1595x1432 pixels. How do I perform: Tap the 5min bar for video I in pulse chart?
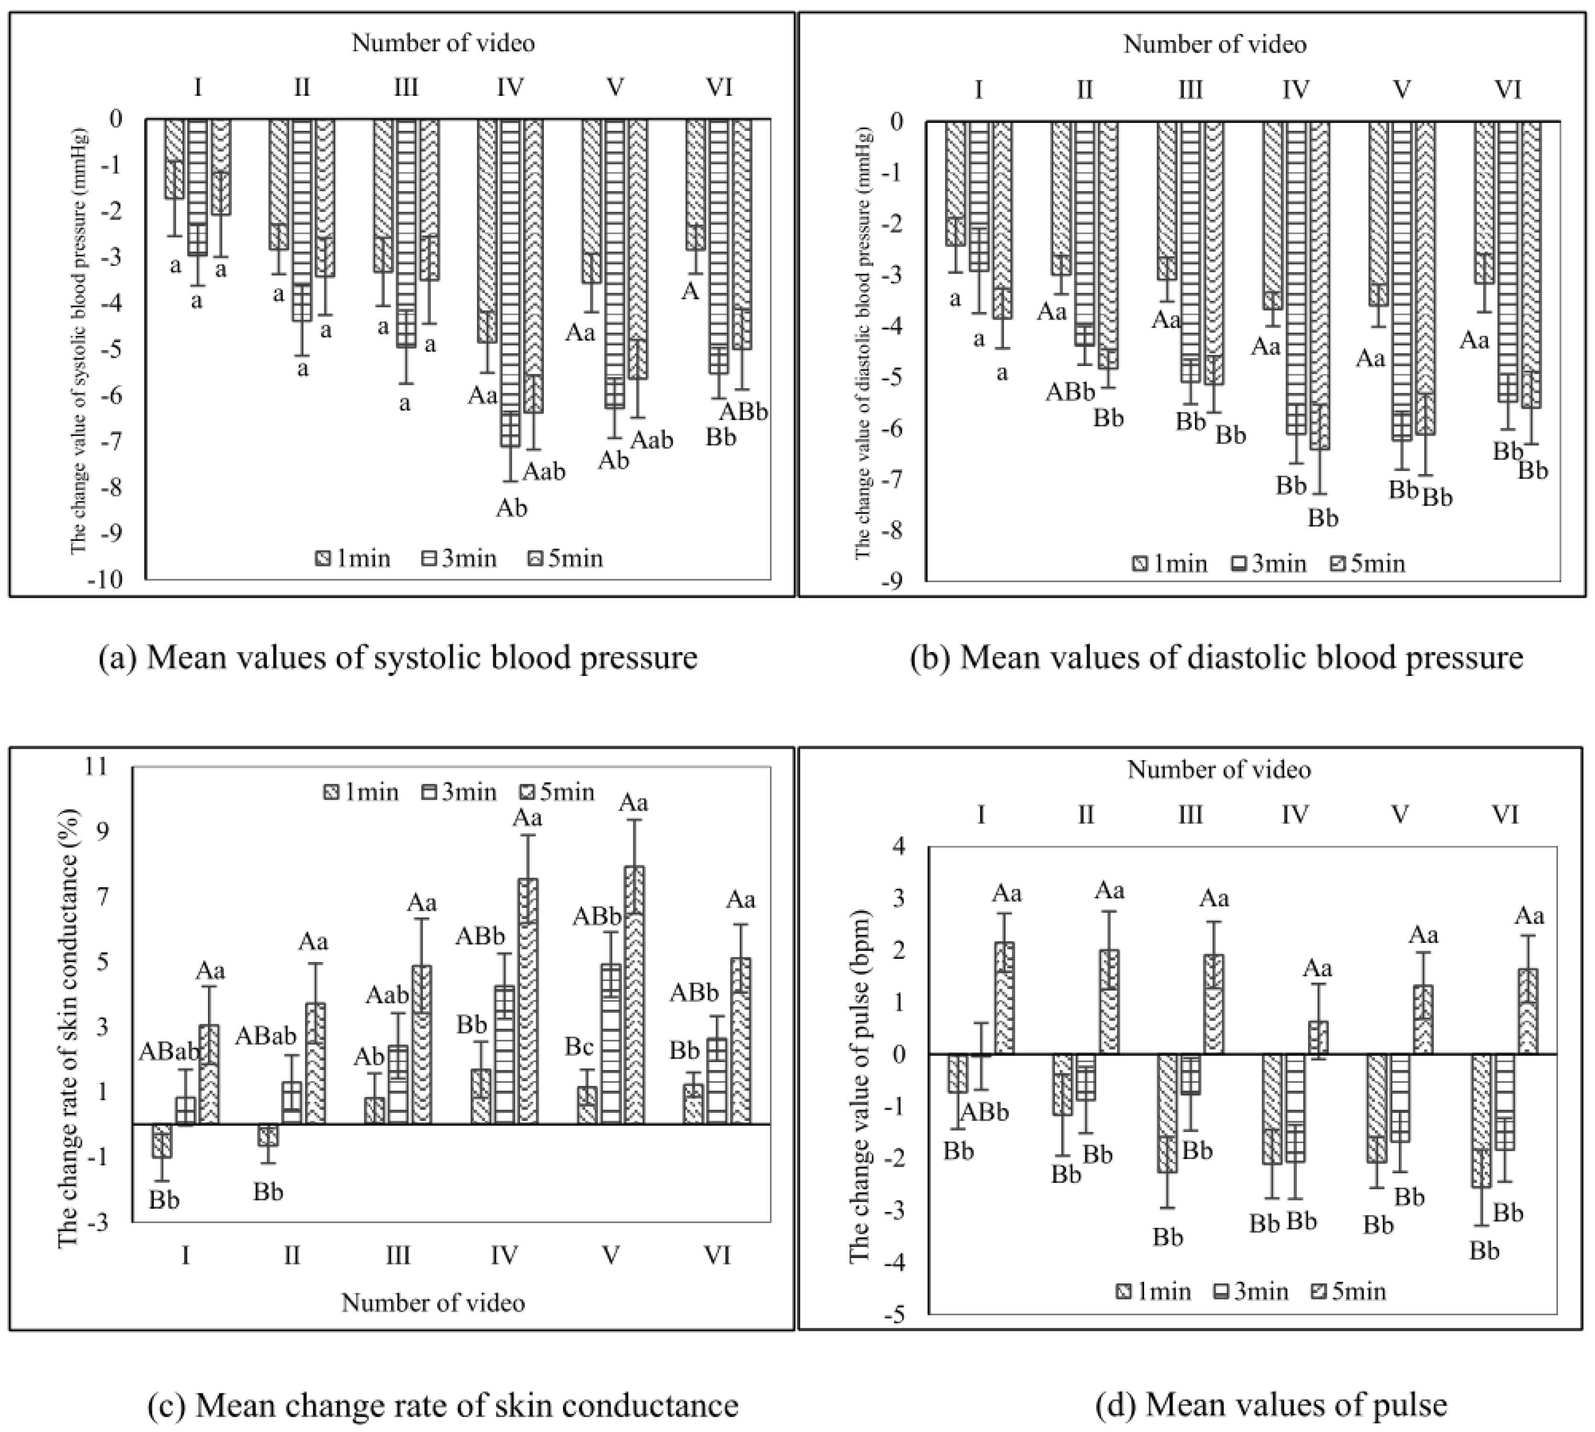[x=1004, y=997]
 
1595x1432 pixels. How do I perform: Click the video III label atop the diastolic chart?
[x=1189, y=90]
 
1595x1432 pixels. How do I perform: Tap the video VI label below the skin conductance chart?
[x=717, y=1254]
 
